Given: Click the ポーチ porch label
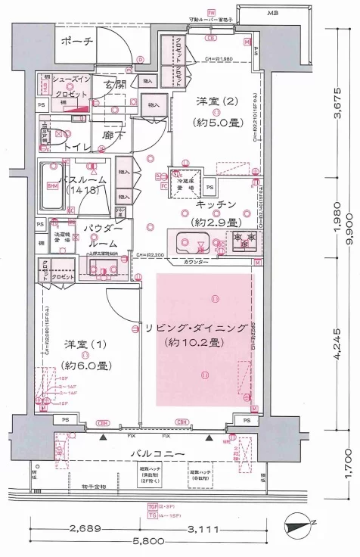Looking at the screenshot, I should [77, 42].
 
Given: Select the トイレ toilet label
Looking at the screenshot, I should [78, 145].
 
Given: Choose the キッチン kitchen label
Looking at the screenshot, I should [217, 205].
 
